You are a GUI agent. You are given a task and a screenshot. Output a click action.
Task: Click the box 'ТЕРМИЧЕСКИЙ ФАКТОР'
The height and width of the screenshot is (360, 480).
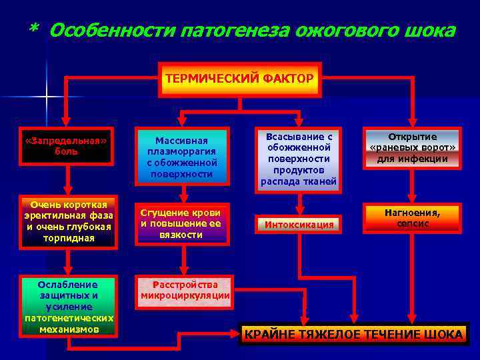[239, 79]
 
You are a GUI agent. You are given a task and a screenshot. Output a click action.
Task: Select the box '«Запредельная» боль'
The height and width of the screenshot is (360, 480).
[66, 147]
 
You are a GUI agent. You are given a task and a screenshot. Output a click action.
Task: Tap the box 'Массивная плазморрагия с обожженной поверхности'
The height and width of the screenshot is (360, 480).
[182, 158]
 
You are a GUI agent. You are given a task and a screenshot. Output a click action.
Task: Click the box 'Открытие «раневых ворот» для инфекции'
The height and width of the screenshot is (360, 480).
[411, 148]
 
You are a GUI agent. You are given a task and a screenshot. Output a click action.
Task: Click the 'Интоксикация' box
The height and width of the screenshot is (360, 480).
[299, 225]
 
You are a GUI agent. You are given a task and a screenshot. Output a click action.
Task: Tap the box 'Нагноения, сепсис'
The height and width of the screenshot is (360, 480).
[411, 218]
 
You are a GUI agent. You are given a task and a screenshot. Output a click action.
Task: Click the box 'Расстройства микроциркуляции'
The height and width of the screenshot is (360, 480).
[185, 290]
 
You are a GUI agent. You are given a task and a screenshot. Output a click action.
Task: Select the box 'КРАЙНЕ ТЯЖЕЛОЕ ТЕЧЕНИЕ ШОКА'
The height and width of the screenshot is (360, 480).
[354, 334]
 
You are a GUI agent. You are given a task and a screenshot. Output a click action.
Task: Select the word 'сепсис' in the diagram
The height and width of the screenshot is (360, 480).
[412, 224]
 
